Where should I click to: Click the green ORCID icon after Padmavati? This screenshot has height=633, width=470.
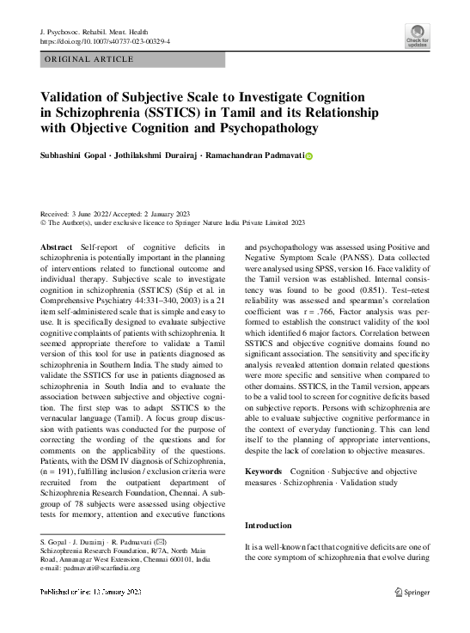(x=309, y=156)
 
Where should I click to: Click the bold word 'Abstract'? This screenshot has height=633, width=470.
(x=57, y=247)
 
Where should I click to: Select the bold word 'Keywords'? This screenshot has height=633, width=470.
(x=263, y=472)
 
